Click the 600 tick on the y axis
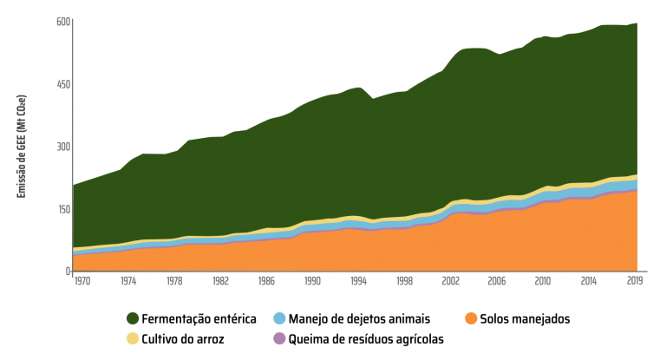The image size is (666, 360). tap(64, 21)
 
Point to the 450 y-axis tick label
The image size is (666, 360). tap(64, 84)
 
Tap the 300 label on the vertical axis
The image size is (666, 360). tap(64, 147)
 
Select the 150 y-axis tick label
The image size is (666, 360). tap(64, 209)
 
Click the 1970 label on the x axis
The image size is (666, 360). tap(83, 282)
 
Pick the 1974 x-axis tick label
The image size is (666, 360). tap(128, 282)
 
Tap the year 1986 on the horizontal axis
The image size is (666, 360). tap(267, 282)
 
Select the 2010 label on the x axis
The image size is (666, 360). tap(543, 282)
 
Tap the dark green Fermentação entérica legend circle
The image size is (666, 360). tap(134, 319)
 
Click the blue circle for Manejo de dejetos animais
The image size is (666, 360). tap(278, 319)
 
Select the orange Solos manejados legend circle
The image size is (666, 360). tap(471, 319)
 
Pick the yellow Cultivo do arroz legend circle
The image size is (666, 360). tap(134, 339)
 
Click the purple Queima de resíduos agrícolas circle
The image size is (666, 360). tap(278, 339)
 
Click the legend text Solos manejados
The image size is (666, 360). tap(527, 319)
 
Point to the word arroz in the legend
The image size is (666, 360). tap(208, 339)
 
